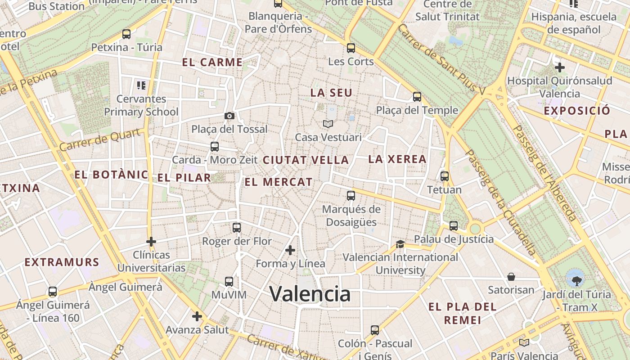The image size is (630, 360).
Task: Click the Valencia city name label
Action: (310, 294)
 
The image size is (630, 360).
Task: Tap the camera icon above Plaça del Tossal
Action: (229, 116)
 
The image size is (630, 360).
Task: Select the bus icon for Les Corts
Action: (351, 48)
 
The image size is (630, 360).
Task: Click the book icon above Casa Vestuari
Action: (328, 124)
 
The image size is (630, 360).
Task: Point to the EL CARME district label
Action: (212, 63)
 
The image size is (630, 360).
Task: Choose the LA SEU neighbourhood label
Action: (331, 93)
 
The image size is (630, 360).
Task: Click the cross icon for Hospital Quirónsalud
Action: (560, 67)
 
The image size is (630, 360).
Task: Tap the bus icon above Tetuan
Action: (445, 176)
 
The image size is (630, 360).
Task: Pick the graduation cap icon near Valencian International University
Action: (400, 244)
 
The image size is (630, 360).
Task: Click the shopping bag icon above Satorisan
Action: (511, 276)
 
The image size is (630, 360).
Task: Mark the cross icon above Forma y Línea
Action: (290, 250)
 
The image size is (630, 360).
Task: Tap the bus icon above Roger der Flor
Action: (237, 228)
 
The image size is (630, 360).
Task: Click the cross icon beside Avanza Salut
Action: (197, 316)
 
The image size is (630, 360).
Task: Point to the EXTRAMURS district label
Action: (62, 262)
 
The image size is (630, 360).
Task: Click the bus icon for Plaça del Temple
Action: (417, 96)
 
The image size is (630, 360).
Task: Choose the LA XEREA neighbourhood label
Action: (397, 159)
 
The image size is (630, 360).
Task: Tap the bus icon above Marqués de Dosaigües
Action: (351, 196)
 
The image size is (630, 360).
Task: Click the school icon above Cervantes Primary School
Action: (141, 85)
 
